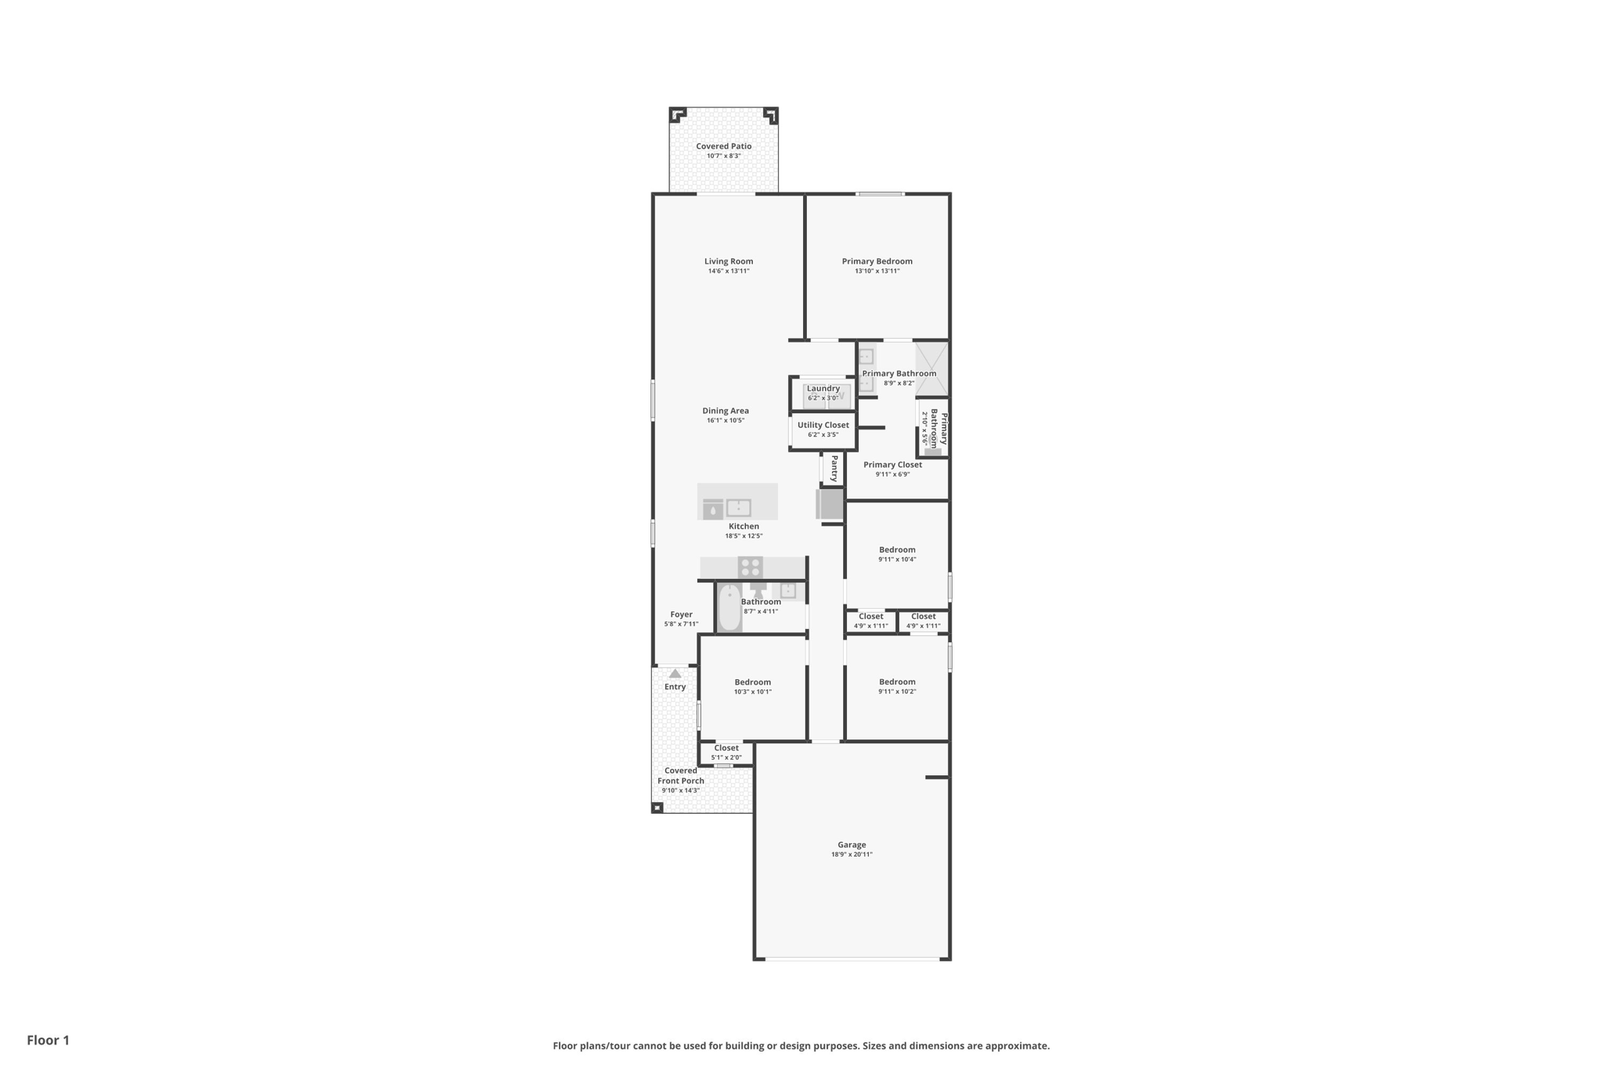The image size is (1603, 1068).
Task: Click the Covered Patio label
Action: [x=723, y=146]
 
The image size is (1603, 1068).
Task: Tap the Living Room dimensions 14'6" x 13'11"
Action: [x=728, y=271]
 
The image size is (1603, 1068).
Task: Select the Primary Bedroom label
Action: [x=877, y=261]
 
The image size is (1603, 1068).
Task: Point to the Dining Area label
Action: [x=725, y=411]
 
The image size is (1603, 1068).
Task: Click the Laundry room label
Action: [x=823, y=388]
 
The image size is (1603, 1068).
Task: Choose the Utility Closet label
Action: [x=823, y=425]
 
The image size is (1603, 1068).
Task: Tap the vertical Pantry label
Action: [x=834, y=469]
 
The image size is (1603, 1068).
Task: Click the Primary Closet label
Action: [x=892, y=465]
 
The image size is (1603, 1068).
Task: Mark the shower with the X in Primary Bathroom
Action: [x=931, y=369]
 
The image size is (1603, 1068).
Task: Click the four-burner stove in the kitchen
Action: [x=750, y=567]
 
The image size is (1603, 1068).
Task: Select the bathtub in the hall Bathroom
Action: [x=729, y=608]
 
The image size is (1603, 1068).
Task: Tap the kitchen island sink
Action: [x=738, y=508]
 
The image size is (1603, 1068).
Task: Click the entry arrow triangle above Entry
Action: [x=675, y=674]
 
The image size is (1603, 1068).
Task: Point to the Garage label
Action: [x=852, y=845]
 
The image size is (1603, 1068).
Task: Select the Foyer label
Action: [x=681, y=615]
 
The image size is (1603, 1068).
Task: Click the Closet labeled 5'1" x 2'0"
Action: [x=726, y=749]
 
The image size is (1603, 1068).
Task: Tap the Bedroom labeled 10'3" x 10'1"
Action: [x=752, y=682]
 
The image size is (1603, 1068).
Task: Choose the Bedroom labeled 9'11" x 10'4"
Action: [x=896, y=550]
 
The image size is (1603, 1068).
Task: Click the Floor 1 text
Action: [x=48, y=1040]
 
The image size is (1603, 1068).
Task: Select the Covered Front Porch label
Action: [x=680, y=775]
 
